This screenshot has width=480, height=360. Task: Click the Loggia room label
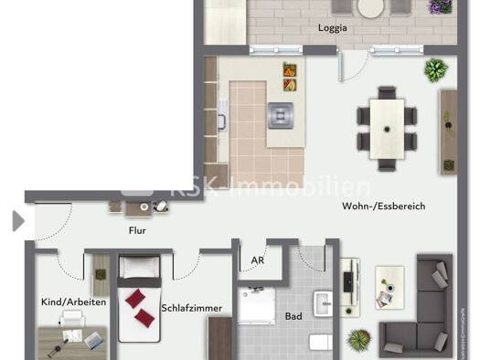pyautogui.click(x=333, y=28)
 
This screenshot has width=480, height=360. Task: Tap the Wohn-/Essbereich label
pyautogui.click(x=384, y=206)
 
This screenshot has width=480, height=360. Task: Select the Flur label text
pyautogui.click(x=137, y=230)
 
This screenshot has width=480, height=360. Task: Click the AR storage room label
pyautogui.click(x=258, y=260)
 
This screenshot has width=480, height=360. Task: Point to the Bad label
pyautogui.click(x=293, y=316)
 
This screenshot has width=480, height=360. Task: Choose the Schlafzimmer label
pyautogui.click(x=192, y=308)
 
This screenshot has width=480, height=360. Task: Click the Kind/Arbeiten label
pyautogui.click(x=74, y=302)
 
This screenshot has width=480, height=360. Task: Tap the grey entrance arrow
pyautogui.click(x=18, y=220)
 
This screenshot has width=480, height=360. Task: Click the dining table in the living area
pyautogui.click(x=387, y=129)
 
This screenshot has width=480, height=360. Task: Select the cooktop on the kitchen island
pyautogui.click(x=281, y=116)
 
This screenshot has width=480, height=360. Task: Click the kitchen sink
pyautogui.click(x=222, y=115)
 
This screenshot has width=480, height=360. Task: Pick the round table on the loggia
pyautogui.click(x=370, y=8)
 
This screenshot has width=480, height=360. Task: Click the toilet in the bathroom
pyautogui.click(x=321, y=343)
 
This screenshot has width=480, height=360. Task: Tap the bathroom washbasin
pyautogui.click(x=323, y=304)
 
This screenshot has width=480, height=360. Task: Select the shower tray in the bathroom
pyautogui.click(x=257, y=305)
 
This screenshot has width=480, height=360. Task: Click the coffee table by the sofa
pyautogui.click(x=389, y=287)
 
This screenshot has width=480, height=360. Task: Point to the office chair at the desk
pyautogui.click(x=72, y=318)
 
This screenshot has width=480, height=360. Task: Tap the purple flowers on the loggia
pyautogui.click(x=441, y=6)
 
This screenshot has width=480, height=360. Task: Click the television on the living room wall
pyautogui.click(x=347, y=282)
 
